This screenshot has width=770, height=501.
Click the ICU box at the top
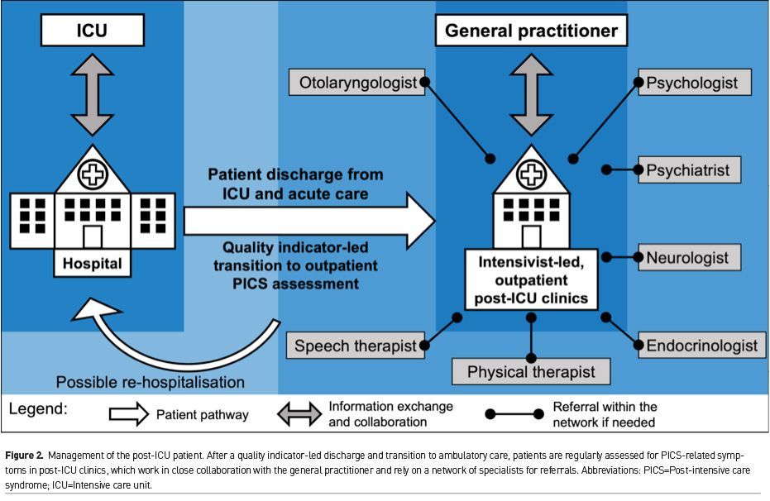coord(92,31)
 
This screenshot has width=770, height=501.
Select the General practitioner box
coord(531,31)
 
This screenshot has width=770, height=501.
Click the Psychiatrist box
coord(688,169)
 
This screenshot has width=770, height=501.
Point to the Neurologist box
coord(688,257)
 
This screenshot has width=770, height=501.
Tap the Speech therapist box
coord(356,346)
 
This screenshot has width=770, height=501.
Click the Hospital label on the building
coord(92,265)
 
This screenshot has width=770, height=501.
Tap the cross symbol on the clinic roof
coord(530,174)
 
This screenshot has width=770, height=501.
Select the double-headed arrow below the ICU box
coord(92,95)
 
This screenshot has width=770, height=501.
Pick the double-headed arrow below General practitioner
coord(531,95)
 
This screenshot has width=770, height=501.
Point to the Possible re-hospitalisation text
coord(151,383)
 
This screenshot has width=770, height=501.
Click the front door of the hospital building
coord(92,236)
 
